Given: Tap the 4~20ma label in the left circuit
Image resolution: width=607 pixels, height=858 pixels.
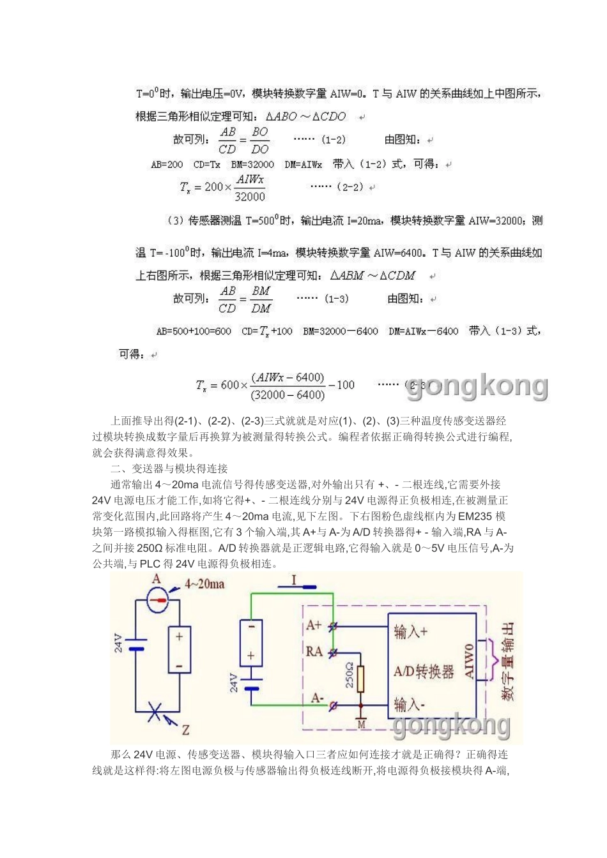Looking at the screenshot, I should tap(204, 583).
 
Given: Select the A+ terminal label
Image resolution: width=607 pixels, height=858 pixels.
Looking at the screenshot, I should tap(314, 625).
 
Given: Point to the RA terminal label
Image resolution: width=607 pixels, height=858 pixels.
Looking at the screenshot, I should tap(314, 651).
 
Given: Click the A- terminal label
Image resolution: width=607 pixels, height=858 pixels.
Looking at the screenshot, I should tap(317, 698).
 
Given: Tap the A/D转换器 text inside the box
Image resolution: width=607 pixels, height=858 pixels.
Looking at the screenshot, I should tap(424, 672).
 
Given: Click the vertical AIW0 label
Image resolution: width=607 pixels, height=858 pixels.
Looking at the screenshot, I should tap(470, 661).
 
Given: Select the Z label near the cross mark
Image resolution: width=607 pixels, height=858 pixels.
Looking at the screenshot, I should tap(185, 730).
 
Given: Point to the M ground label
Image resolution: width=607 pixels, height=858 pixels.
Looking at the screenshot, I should tap(361, 724).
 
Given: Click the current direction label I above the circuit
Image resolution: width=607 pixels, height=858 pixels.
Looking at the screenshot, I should tap(294, 580).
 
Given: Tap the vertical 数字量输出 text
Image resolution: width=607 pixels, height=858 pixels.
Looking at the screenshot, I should tap(508, 661).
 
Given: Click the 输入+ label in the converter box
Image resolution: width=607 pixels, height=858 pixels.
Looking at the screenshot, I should tap(411, 631).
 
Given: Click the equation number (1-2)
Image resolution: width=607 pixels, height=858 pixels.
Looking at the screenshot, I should tap(333, 139).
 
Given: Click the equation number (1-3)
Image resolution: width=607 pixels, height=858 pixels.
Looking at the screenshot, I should tap(336, 298).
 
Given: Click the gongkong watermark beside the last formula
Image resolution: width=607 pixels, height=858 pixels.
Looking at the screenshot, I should tap(477, 386).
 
